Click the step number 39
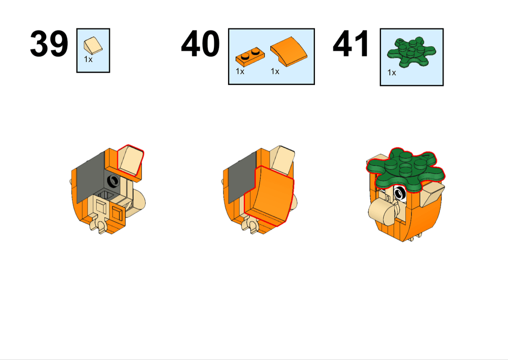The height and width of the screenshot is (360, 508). coord(49,44)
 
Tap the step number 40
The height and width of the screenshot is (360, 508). coord(200,44)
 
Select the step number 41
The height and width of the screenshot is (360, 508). coord(352,44)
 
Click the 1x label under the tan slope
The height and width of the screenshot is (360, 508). coord(88,59)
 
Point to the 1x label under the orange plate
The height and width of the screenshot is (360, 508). coord(240,72)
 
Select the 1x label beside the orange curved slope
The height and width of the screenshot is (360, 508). coord(275,72)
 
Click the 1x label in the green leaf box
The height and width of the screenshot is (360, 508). coord(392,73)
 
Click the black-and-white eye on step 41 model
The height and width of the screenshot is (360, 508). coord(400,193)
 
